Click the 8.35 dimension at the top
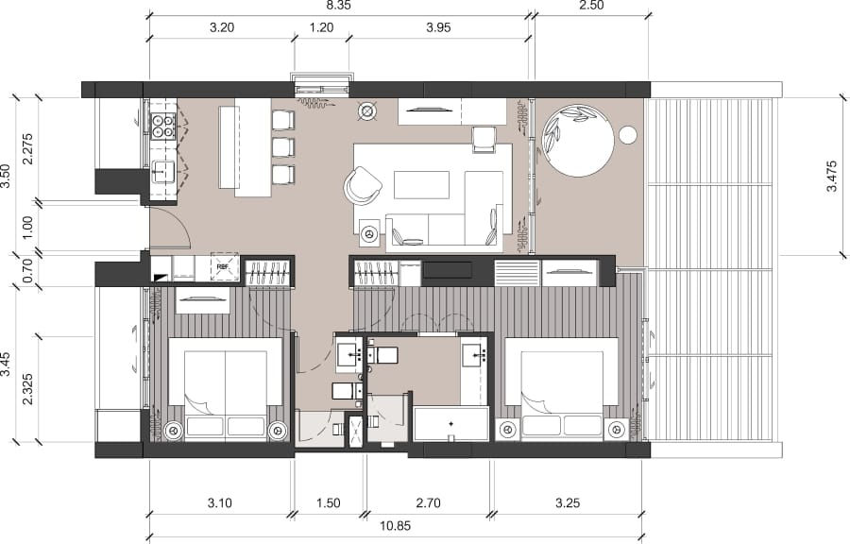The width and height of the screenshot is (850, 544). pyautogui.click(x=338, y=6)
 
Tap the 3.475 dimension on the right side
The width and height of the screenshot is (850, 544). pyautogui.click(x=832, y=176)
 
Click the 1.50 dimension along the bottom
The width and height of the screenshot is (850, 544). pyautogui.click(x=329, y=503)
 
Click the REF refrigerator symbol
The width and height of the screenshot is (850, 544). pyautogui.click(x=224, y=268)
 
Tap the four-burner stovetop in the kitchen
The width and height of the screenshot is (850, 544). pyautogui.click(x=162, y=126)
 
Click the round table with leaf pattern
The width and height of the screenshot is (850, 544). pyautogui.click(x=580, y=140)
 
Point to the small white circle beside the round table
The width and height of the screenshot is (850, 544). pyautogui.click(x=628, y=135)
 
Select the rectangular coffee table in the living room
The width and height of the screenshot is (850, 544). pyautogui.click(x=421, y=184)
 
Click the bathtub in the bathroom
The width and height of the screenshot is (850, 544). pyautogui.click(x=451, y=424)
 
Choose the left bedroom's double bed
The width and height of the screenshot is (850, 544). pyautogui.click(x=225, y=387)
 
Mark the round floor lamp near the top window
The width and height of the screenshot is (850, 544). pyautogui.click(x=366, y=112)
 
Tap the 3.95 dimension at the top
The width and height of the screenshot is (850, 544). pyautogui.click(x=438, y=28)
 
